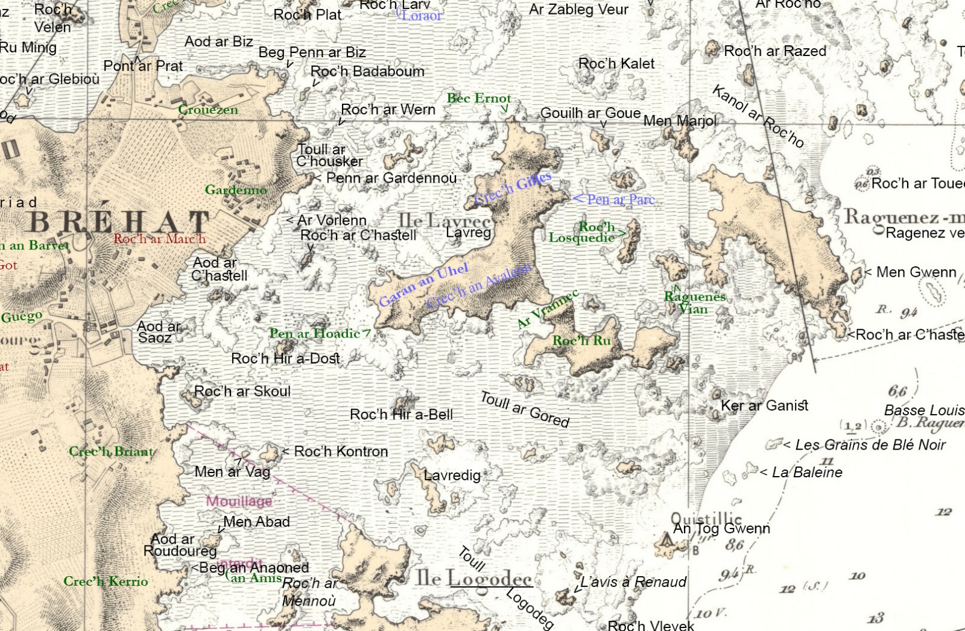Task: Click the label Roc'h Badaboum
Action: pyautogui.click(x=367, y=71)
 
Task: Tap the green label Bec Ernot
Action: pyautogui.click(x=478, y=98)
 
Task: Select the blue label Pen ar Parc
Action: pyautogui.click(x=621, y=199)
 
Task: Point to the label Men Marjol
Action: pyautogui.click(x=680, y=121)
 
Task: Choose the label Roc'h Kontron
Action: pyautogui.click(x=341, y=451)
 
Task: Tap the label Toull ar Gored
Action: pyautogui.click(x=524, y=409)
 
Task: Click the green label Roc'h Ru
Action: pyautogui.click(x=581, y=341)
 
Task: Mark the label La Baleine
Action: pyautogui.click(x=806, y=472)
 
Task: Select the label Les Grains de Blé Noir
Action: pyautogui.click(x=870, y=445)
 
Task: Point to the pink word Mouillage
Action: pyautogui.click(x=239, y=501)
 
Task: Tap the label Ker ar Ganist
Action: pyautogui.click(x=764, y=406)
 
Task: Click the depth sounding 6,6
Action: pyautogui.click(x=897, y=391)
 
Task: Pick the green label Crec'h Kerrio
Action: pyautogui.click(x=106, y=581)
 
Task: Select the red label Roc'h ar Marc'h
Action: pyautogui.click(x=160, y=239)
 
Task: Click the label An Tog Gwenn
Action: pyautogui.click(x=721, y=529)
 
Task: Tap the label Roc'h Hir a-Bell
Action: pyautogui.click(x=401, y=415)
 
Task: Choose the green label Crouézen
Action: pyautogui.click(x=208, y=110)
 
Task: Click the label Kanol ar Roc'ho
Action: pyautogui.click(x=758, y=116)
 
